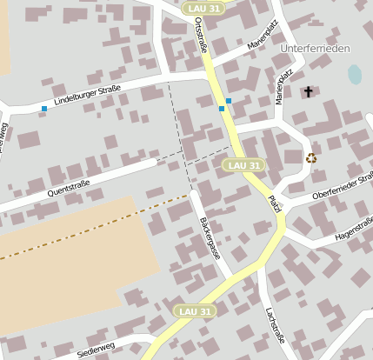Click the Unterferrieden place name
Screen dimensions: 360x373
[x=315, y=48]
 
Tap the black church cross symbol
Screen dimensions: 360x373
[x=307, y=91]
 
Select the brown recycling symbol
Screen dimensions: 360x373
[x=311, y=157]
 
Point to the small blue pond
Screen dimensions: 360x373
[x=355, y=75]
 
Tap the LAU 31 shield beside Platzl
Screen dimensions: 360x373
[x=243, y=164]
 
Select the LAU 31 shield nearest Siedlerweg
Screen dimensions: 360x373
[x=192, y=310]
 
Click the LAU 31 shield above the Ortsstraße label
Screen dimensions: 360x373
[x=204, y=8]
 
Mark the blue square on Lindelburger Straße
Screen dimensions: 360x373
[x=44, y=109]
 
